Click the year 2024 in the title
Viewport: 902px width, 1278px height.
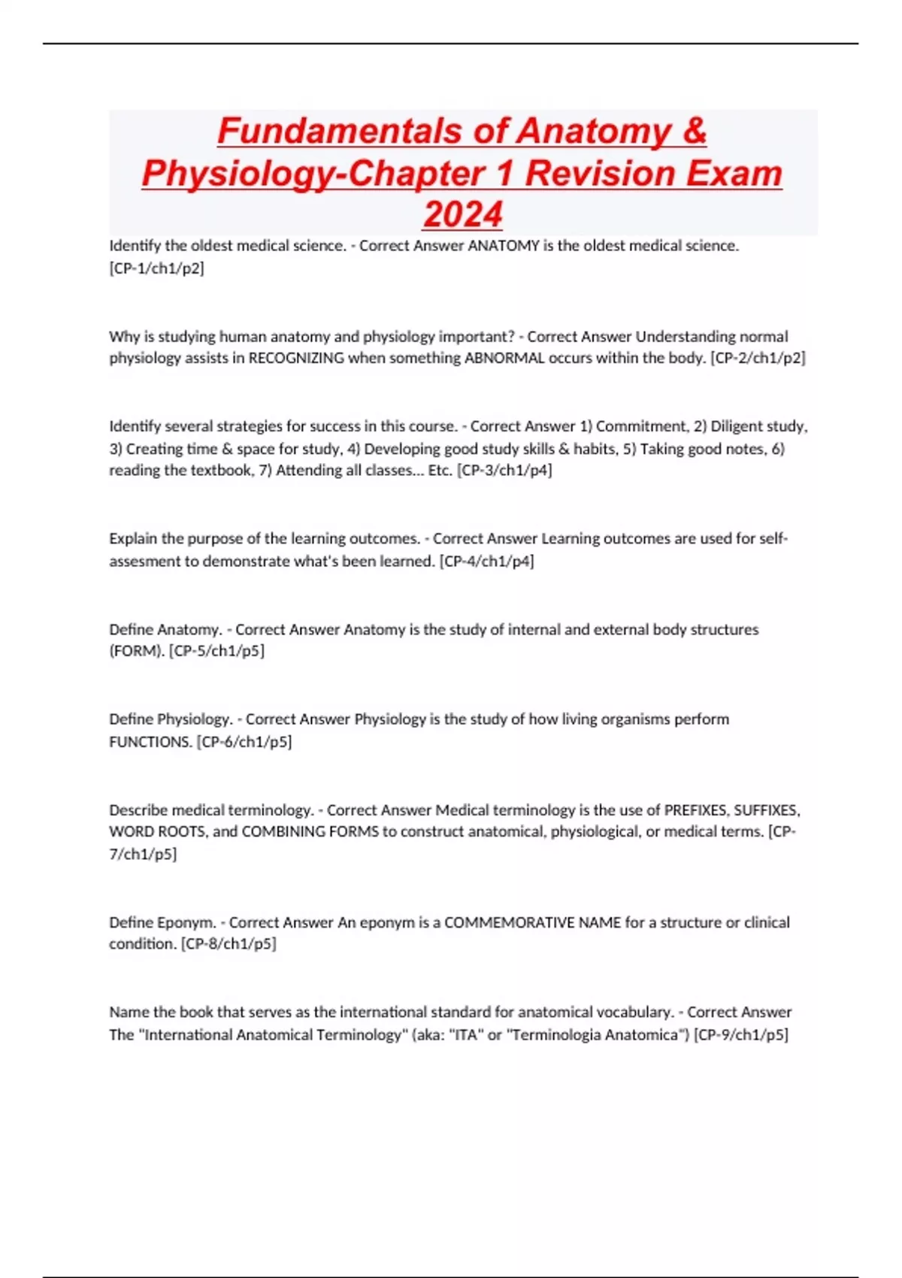pos(462,214)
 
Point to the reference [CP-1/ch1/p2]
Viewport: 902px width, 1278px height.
pos(156,268)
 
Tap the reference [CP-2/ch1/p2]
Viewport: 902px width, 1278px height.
pos(758,358)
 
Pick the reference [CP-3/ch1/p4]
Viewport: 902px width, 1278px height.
pos(504,471)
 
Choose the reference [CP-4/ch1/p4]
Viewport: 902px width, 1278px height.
pos(486,561)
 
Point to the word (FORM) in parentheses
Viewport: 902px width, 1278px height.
pos(137,651)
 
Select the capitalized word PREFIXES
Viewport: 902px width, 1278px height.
pos(695,810)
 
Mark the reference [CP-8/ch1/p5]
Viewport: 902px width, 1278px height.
pos(229,944)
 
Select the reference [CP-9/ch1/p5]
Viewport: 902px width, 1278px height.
pos(741,1035)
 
